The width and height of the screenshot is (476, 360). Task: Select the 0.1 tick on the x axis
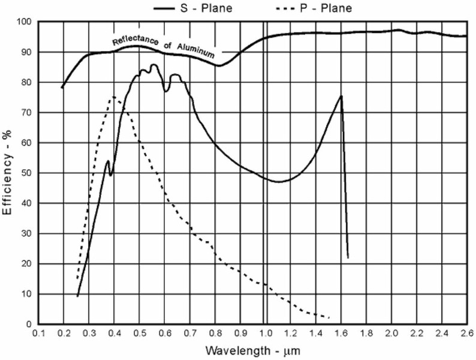39,332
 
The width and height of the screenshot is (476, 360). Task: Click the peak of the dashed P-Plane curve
113,97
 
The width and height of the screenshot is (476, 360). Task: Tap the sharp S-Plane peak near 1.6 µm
341,96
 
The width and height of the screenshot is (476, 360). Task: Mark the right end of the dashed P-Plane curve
329,317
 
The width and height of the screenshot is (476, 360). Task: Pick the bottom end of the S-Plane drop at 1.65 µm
348,258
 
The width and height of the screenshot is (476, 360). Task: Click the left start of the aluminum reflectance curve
62,88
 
